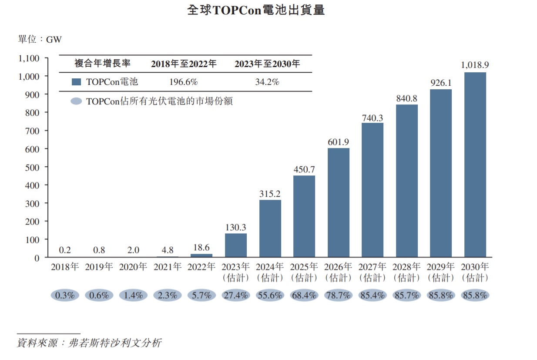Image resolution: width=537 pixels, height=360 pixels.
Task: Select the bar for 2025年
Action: click(304, 216)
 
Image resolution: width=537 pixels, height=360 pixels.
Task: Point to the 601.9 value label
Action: click(338, 142)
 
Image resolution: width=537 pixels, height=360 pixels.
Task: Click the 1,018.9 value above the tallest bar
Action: click(475, 65)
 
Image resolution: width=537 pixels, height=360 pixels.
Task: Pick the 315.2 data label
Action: click(270, 194)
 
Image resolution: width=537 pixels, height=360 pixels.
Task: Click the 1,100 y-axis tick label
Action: click(29, 58)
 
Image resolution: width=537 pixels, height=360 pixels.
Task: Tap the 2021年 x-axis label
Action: click(168, 267)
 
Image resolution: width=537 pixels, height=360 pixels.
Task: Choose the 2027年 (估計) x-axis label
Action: click(373, 272)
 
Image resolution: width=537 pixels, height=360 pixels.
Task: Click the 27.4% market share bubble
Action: click(236, 296)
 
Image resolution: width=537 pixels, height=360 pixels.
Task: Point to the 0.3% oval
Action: click(65, 296)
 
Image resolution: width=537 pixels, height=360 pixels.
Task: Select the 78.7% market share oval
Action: click(338, 296)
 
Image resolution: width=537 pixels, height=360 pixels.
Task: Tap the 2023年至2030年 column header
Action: click(267, 64)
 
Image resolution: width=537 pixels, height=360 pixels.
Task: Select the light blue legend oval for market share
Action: click(76, 101)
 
